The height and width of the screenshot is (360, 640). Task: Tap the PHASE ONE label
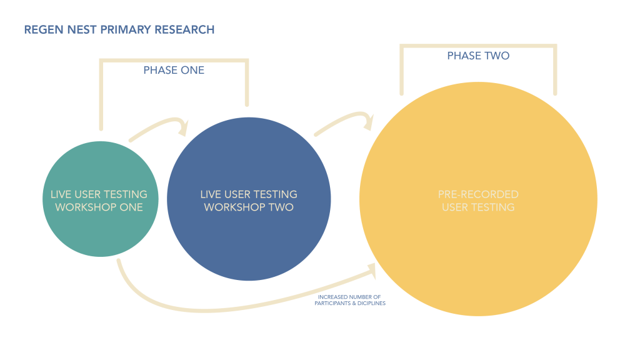[x=174, y=71]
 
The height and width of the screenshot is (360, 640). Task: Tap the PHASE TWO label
[x=478, y=56]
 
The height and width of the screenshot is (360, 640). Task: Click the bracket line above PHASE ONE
[x=174, y=61]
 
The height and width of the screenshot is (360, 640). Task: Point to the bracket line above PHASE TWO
[x=478, y=46]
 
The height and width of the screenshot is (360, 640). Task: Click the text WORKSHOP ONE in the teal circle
[x=99, y=207]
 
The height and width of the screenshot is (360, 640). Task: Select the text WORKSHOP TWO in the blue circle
[x=249, y=207]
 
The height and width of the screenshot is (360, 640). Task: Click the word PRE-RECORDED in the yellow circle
[x=478, y=194]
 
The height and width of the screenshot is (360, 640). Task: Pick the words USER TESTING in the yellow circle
[x=478, y=207]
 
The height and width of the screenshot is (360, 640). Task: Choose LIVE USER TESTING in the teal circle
[x=99, y=194]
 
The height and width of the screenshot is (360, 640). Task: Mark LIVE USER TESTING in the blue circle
[x=249, y=194]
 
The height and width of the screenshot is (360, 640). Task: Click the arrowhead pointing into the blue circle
[x=183, y=127]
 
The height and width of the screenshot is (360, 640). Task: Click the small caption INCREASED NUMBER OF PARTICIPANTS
[x=351, y=299]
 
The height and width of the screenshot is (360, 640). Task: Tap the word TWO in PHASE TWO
[x=497, y=56]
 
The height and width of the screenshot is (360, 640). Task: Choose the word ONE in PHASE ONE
[x=192, y=71]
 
